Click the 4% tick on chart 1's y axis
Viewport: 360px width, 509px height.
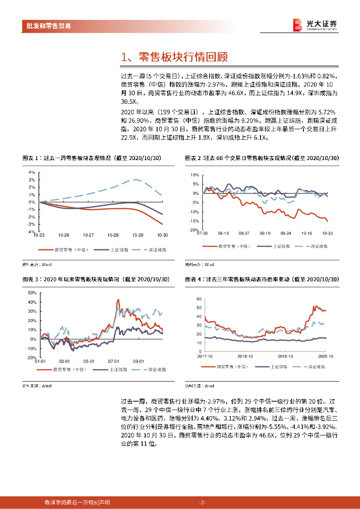(x=31, y=172)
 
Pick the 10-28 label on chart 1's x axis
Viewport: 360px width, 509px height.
(x=113, y=235)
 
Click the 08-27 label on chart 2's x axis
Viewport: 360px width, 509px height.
(x=244, y=233)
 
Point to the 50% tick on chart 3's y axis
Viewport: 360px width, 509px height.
(x=31, y=293)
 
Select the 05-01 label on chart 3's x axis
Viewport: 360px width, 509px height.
(x=89, y=361)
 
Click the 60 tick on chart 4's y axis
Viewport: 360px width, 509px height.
(x=198, y=299)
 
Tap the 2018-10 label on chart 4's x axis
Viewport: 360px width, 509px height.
(x=246, y=356)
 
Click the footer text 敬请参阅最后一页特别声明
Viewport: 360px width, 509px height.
(x=77, y=503)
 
